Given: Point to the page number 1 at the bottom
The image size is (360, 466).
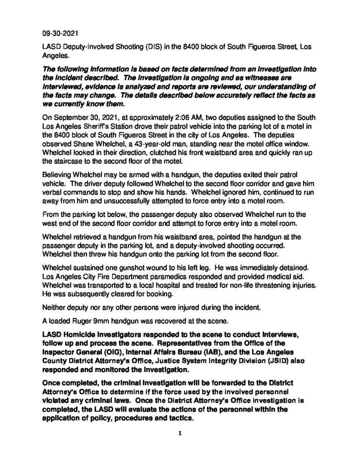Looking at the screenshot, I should (x=180, y=434).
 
